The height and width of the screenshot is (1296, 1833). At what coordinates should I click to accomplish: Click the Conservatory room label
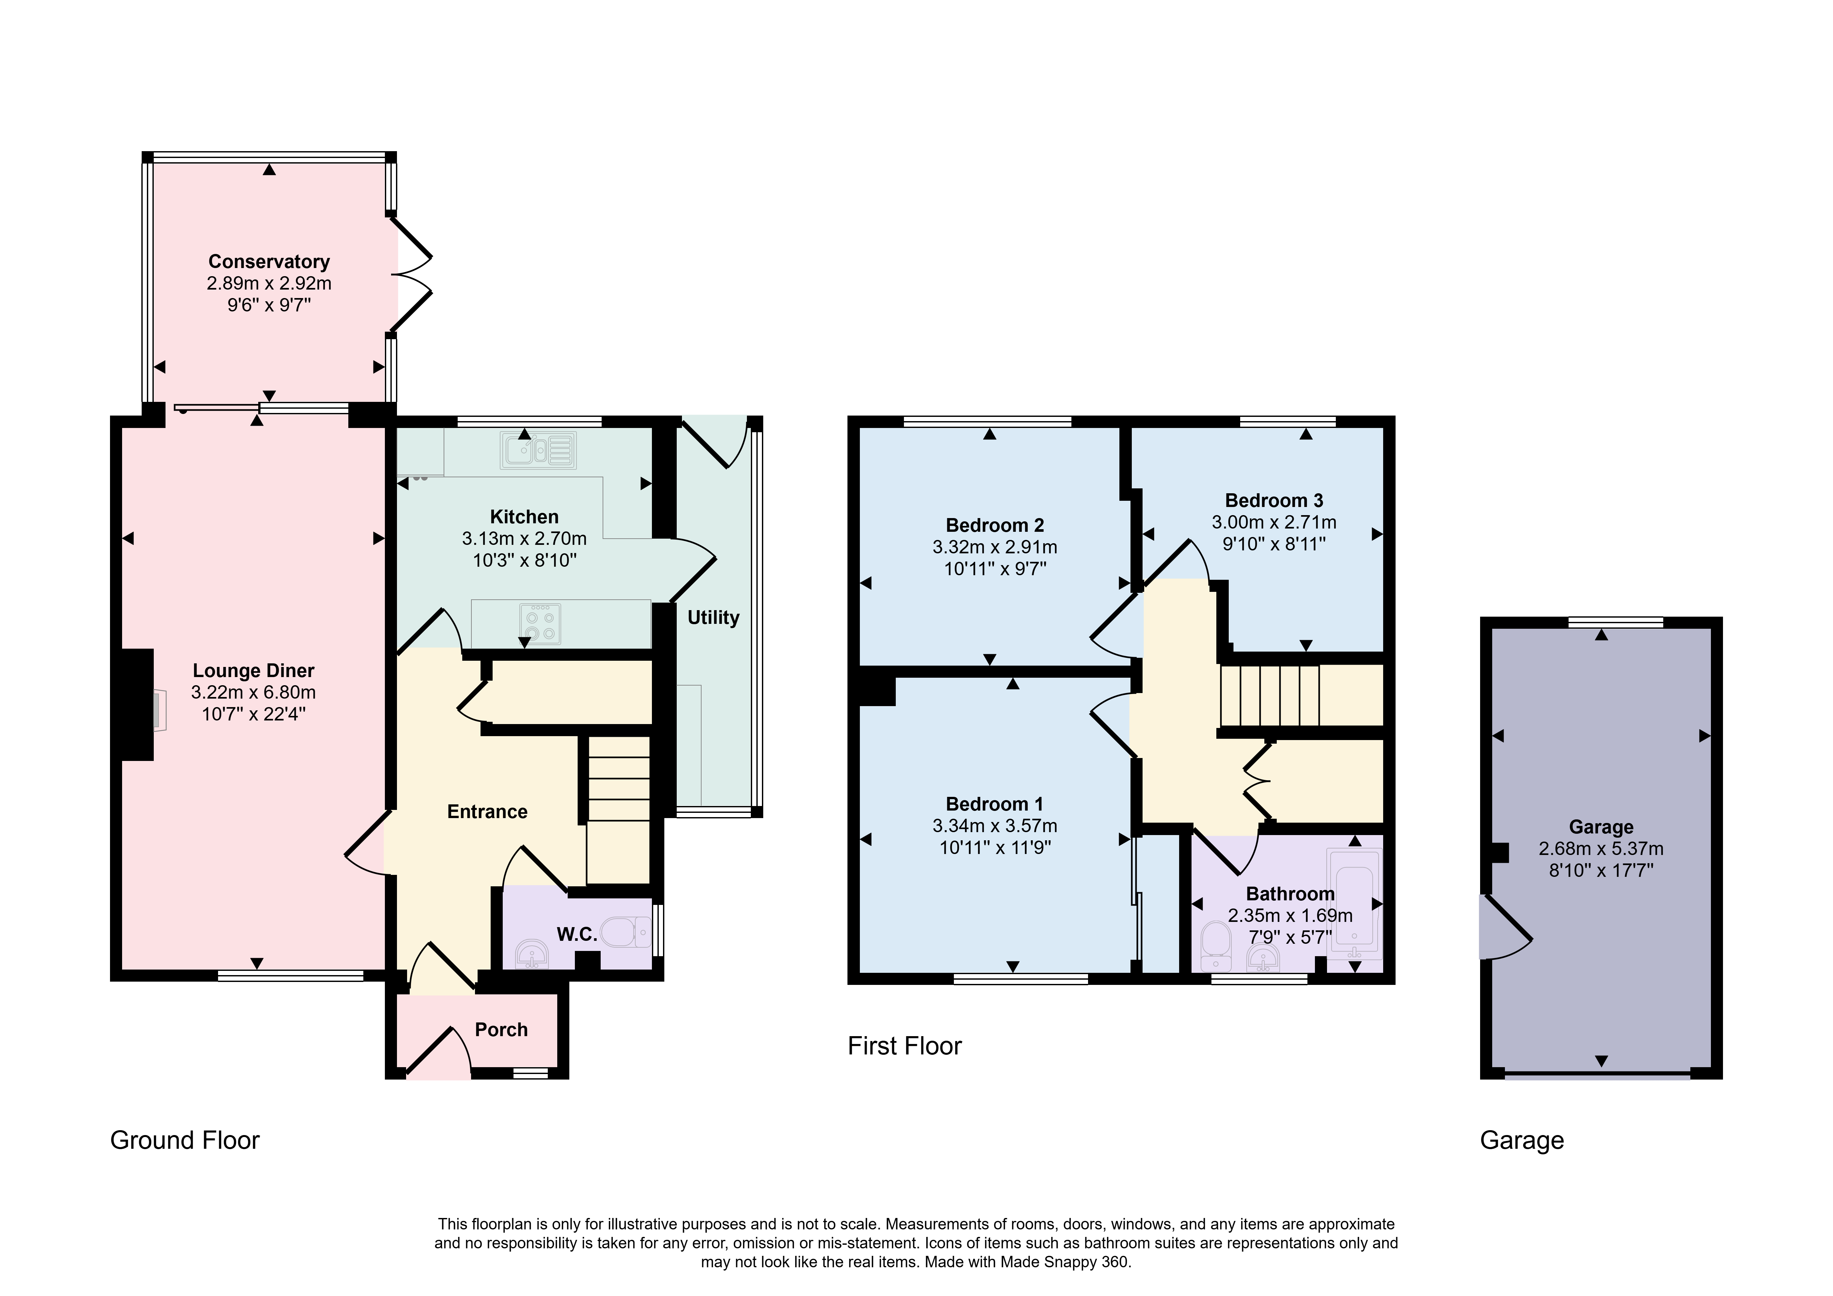269,262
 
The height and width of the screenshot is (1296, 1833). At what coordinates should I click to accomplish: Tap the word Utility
713,617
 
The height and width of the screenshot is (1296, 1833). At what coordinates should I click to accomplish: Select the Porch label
501,1030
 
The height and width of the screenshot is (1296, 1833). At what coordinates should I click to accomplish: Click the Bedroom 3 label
1274,501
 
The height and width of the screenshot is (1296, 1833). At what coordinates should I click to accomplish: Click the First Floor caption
905,1046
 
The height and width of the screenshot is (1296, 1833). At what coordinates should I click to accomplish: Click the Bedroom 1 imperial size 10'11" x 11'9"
995,847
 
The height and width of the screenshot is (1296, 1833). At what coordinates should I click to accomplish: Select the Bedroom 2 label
995,526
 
